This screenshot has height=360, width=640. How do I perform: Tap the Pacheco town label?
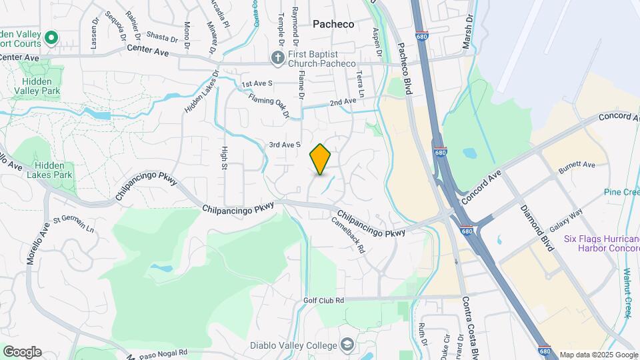pos(333,24)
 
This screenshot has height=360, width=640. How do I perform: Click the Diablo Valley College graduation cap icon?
pos(346,345)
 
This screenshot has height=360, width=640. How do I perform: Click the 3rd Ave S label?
pos(285,144)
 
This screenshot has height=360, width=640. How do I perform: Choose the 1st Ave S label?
pos(257,83)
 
